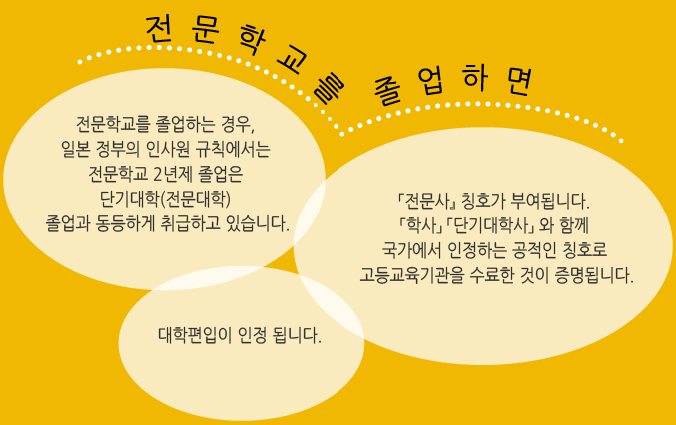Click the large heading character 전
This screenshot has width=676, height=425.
pyautogui.click(x=158, y=30)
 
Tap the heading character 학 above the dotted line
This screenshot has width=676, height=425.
pyautogui.click(x=253, y=40)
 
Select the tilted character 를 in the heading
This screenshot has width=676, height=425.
pyautogui.click(x=329, y=89)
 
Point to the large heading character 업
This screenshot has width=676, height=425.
pyautogui.click(x=431, y=81)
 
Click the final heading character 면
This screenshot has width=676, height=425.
pyautogui.click(x=519, y=81)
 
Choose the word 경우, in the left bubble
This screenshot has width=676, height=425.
pyautogui.click(x=238, y=125)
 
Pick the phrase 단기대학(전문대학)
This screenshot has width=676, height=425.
pyautogui.click(x=165, y=199)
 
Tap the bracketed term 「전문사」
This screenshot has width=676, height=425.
pyautogui.click(x=426, y=201)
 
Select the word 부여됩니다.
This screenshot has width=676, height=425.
pyautogui.click(x=549, y=201)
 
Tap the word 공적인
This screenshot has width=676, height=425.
pyautogui.click(x=534, y=250)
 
